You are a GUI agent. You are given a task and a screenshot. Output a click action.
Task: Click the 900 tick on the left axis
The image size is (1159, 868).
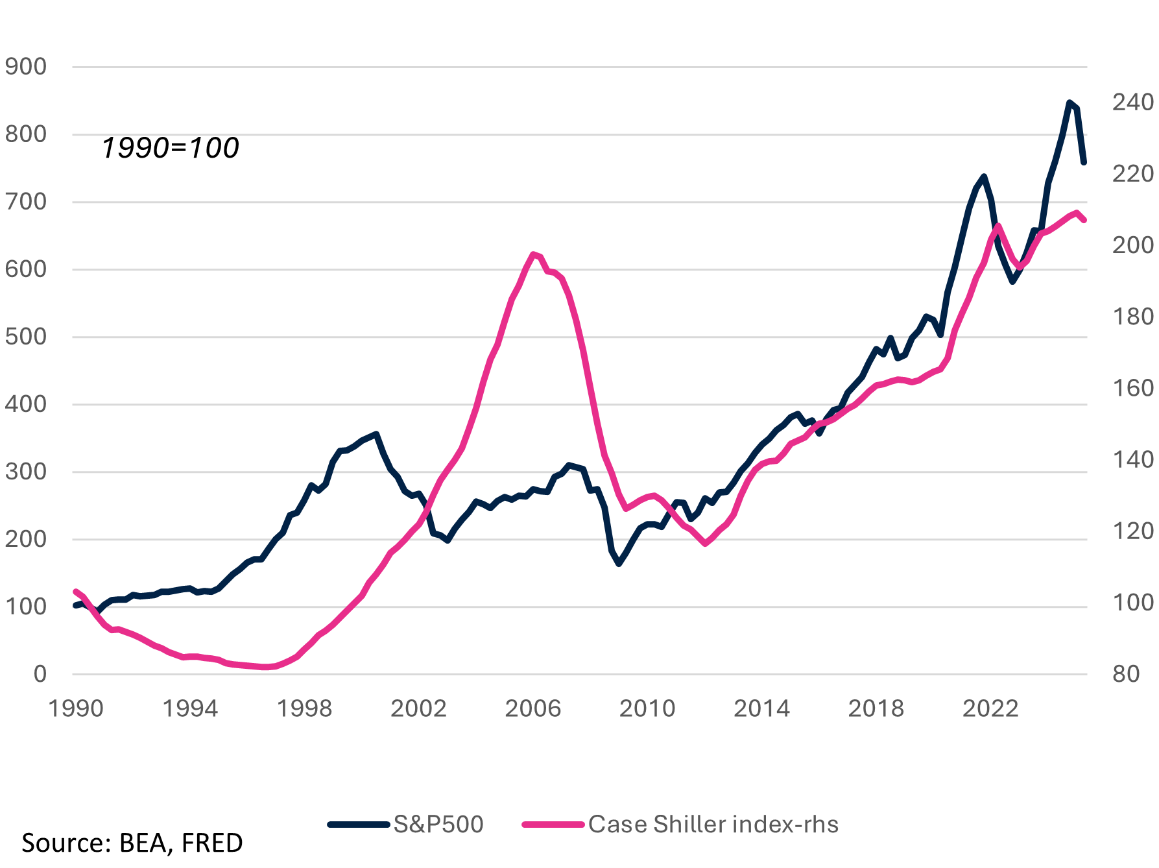pyautogui.click(x=26, y=66)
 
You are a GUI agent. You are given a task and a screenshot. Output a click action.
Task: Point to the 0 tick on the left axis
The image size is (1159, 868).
pyautogui.click(x=40, y=674)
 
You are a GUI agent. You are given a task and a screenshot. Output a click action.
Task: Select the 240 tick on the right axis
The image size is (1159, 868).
pyautogui.click(x=1132, y=102)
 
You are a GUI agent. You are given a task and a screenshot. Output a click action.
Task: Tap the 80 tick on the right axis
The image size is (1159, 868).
pyautogui.click(x=1126, y=674)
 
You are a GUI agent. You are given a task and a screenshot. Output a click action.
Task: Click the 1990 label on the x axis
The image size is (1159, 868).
pyautogui.click(x=76, y=708)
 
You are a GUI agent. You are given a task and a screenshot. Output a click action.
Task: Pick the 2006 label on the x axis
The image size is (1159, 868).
pyautogui.click(x=532, y=708)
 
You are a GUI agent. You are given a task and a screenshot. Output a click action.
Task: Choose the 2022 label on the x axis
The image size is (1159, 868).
pyautogui.click(x=990, y=708)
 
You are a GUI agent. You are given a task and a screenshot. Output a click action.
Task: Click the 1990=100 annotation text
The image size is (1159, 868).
pyautogui.click(x=171, y=148)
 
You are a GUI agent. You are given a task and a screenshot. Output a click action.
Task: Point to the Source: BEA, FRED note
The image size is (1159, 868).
pyautogui.click(x=132, y=843)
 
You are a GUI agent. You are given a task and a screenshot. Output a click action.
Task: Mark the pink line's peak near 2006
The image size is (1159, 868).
pyautogui.click(x=533, y=254)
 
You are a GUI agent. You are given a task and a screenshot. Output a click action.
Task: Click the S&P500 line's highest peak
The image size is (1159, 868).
pyautogui.click(x=1069, y=102)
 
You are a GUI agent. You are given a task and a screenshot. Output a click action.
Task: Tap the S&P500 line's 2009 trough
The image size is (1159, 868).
pyautogui.click(x=619, y=564)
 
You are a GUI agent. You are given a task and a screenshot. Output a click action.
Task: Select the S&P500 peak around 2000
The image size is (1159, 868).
pyautogui.click(x=376, y=434)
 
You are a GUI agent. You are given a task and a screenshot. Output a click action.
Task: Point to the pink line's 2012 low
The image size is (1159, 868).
pyautogui.click(x=705, y=543)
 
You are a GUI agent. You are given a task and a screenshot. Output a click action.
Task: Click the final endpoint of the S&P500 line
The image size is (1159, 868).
pyautogui.click(x=1084, y=162)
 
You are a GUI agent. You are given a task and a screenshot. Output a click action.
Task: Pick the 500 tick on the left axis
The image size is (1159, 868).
pyautogui.click(x=26, y=337)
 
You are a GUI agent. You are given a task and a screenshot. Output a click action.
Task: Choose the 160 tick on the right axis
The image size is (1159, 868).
pyautogui.click(x=1132, y=388)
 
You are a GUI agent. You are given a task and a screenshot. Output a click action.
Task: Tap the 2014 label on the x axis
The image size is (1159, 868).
pyautogui.click(x=761, y=708)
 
